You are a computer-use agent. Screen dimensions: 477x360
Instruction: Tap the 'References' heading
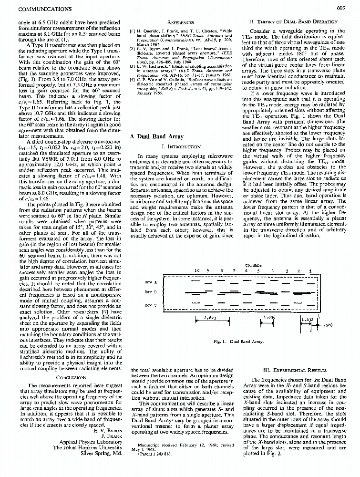183,22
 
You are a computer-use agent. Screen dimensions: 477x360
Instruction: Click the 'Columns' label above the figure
253,265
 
